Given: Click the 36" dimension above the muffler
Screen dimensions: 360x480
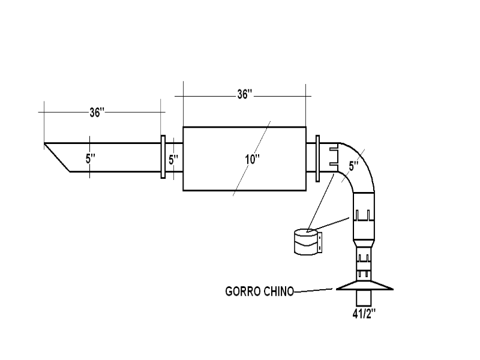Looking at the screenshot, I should coord(244,94).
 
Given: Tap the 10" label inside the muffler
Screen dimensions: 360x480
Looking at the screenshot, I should coord(252,159).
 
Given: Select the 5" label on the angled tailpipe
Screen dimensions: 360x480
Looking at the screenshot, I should coord(91,159).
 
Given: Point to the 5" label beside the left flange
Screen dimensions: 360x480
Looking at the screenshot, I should coord(173,160).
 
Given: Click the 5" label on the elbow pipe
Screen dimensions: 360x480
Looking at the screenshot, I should coord(353,164).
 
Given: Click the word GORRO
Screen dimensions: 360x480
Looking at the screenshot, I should coord(244,292).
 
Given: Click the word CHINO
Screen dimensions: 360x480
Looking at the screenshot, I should coord(279,292).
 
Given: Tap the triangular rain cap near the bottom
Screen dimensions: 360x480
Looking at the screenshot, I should coord(365,286).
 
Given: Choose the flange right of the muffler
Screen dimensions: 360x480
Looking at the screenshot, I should coord(318,157).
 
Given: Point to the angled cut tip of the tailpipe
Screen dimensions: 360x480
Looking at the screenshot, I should coord(58,158).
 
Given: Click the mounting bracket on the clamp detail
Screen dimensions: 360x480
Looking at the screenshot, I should coord(322,242).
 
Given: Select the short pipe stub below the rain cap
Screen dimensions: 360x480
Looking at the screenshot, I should coord(365,298).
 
